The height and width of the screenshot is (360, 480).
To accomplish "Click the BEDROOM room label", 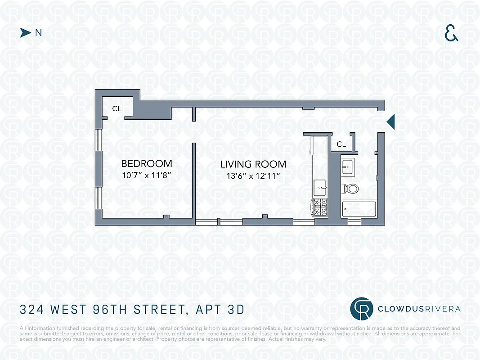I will coord(147,163).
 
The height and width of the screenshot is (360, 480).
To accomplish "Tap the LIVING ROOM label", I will coord(253,164).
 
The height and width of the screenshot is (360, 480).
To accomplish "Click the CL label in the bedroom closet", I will coord(117,108).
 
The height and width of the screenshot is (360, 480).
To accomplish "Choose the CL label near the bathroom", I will coord(341,144).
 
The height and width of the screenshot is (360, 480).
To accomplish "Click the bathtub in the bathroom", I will coord(359,209).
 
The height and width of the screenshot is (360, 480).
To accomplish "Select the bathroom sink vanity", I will coord(347,167).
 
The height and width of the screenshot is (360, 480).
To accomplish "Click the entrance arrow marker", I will coord(391,121).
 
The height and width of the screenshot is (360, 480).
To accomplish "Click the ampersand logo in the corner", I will coord(451,33).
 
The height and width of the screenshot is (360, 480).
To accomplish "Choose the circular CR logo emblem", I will coord(362,308).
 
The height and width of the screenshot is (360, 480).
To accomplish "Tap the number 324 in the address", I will coord(32,310).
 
